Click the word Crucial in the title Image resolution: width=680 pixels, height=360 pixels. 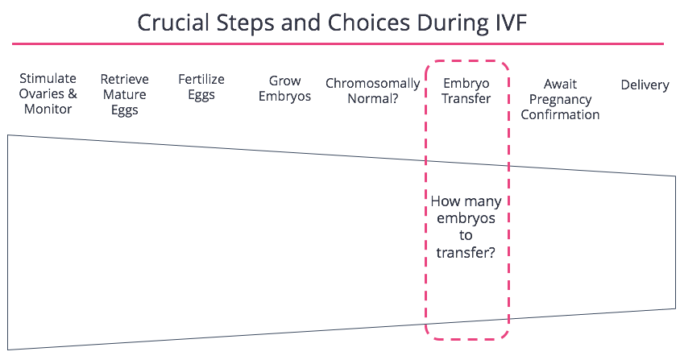coord(173,23)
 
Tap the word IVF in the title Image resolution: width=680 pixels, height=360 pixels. coord(511,23)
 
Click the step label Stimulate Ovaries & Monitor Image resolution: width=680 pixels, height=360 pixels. coord(48,93)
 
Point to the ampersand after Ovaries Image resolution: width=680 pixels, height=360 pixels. coord(73,93)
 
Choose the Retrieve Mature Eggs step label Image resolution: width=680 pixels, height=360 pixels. coord(124,94)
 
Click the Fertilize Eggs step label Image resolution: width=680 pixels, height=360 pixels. coord(201,87)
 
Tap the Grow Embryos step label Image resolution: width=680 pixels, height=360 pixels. coord(284,89)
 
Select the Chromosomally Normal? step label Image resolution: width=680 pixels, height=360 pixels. coord(373,91)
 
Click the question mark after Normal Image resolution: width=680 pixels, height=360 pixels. coord(395,98)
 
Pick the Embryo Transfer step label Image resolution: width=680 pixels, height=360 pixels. coord(466,91)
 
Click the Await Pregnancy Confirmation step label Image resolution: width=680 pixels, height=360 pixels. coord(560,99)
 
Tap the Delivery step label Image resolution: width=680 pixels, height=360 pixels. coord(645,85)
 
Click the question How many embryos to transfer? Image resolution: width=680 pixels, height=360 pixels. coord(466,227)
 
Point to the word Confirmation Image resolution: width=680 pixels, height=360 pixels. coord(560,115)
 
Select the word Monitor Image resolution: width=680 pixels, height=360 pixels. coord(48,110)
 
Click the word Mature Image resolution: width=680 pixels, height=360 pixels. coord(124,94)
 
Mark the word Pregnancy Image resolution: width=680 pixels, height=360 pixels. coord(560,100)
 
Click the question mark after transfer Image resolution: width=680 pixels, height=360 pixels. coord(491,252)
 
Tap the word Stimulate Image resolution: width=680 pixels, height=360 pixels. coord(48,78)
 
